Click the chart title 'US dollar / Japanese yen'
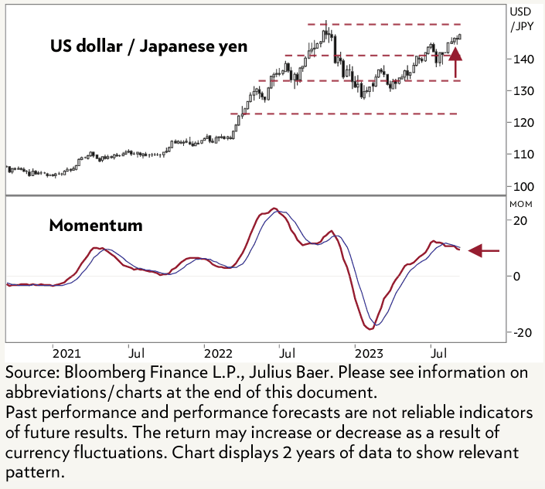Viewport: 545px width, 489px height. (x=149, y=46)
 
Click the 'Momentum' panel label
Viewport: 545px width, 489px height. (x=95, y=226)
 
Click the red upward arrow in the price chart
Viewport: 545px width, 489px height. (x=455, y=62)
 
